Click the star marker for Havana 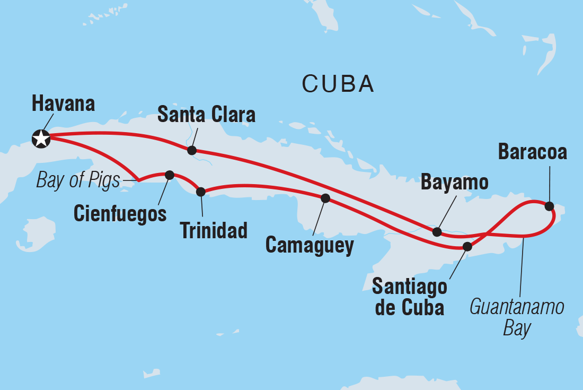coord(41,138)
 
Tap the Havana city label coord(63,103)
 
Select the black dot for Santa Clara coord(192,150)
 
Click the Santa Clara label coord(207,114)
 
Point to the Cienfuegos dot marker coord(170,175)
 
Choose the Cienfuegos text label coord(120,213)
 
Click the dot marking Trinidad coord(201,192)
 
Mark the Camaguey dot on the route coord(325,198)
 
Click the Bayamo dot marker coord(437,232)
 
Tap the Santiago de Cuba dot coord(467,246)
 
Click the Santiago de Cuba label coord(409,298)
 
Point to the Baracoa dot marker coord(550,206)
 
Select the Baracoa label coord(533,152)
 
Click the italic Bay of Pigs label coord(78,181)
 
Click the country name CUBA coord(338,84)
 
